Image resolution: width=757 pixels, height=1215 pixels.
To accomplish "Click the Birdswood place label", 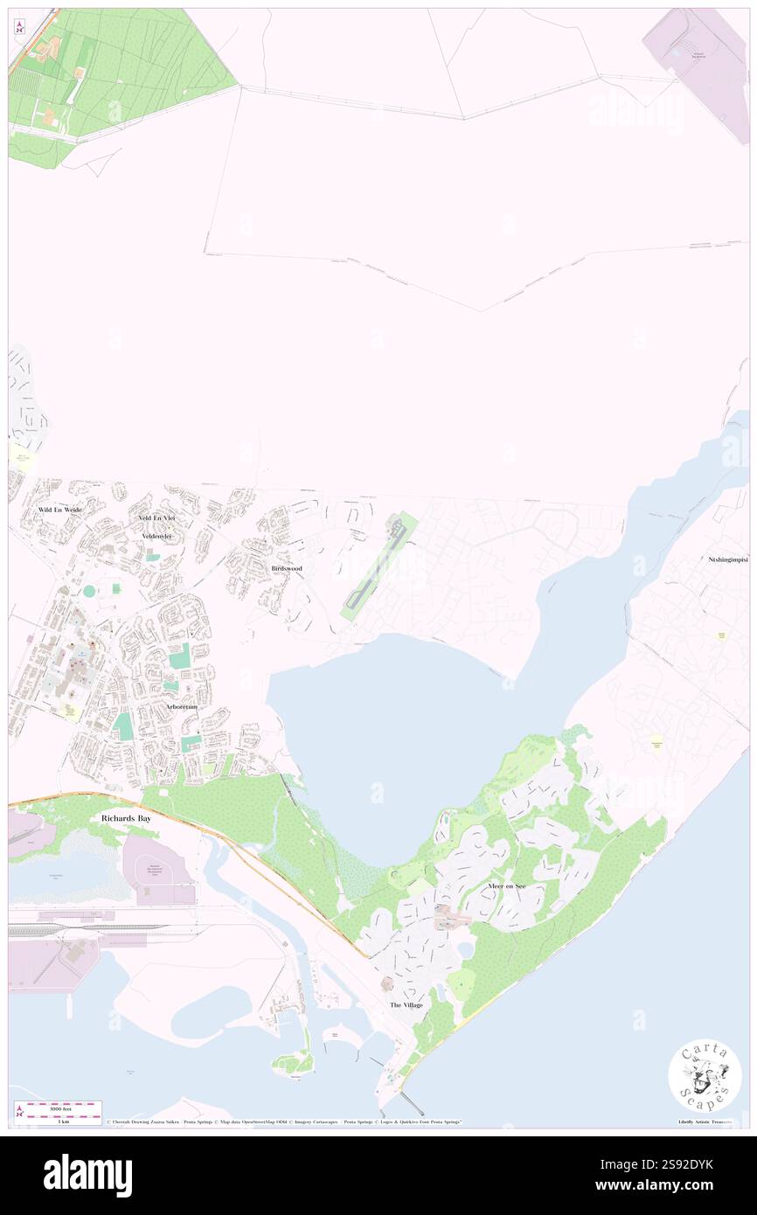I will click(287, 568).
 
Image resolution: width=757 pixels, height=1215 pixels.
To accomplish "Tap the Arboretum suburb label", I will click(182, 706).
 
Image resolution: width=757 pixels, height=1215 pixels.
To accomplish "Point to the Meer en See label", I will click(507, 886).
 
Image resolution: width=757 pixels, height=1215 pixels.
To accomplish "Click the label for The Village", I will click(406, 1005).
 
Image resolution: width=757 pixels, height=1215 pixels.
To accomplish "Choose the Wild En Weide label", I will click(59, 509).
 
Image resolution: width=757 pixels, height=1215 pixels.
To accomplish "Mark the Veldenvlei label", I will click(158, 536).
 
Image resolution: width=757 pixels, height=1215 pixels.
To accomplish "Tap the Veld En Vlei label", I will click(156, 518).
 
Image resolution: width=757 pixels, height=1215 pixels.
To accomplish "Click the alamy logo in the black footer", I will click(88, 1174).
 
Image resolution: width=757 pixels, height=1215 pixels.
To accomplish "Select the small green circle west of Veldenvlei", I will click(89, 591).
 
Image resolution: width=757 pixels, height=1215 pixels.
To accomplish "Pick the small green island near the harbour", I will click(293, 1062).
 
